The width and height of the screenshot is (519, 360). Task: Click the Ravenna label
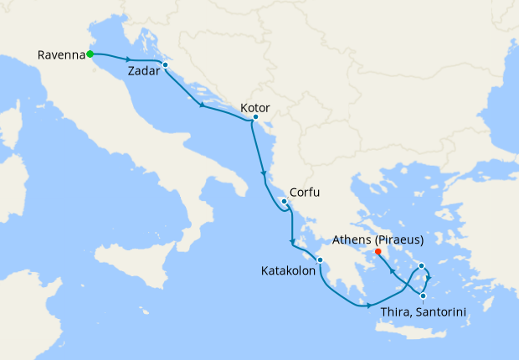coord(61,55)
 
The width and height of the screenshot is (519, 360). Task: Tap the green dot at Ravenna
coord(90,55)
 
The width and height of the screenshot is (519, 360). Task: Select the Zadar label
coord(144,71)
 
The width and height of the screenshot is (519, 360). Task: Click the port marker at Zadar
coord(166,64)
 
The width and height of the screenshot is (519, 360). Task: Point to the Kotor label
coord(254,108)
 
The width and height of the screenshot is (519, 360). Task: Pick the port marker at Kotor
coord(254,119)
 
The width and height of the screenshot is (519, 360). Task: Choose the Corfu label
coord(305,192)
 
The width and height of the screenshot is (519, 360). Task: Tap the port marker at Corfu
coord(285,202)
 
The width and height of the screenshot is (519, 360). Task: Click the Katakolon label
coord(287,270)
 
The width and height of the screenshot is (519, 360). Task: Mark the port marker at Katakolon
coord(320,260)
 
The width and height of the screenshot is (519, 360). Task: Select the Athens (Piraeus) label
coord(378,239)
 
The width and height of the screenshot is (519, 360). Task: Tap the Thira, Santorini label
coord(423,312)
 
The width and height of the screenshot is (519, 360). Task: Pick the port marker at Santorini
coord(424,296)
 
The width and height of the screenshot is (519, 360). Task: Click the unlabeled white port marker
coord(422,267)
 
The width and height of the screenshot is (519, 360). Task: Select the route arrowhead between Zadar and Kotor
coord(203,105)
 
